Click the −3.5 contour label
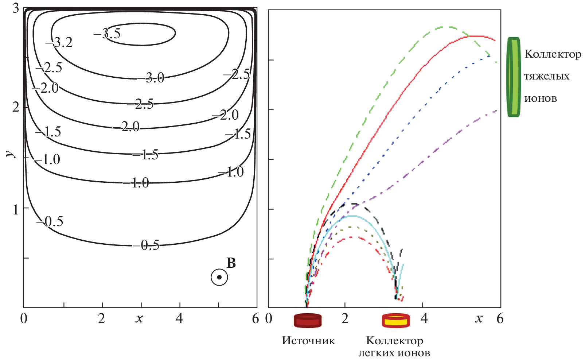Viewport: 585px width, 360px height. click(107, 34)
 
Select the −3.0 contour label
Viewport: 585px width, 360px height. click(151, 78)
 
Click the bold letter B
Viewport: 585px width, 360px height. click(231, 263)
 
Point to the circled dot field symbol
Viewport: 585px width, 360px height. click(219, 278)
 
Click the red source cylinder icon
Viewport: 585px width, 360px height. click(308, 320)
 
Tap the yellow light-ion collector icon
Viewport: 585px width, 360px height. click(396, 321)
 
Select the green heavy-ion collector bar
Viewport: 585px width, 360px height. click(514, 77)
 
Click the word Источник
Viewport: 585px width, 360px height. click(308, 341)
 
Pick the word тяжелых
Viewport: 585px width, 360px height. click(547, 77)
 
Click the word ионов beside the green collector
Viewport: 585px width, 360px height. click(541, 98)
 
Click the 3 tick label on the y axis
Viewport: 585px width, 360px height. click(16, 8)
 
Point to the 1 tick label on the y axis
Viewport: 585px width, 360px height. click(16, 209)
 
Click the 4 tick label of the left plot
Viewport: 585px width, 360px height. click(179, 319)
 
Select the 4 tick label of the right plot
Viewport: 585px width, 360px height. click(424, 319)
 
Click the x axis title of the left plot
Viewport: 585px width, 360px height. click(139, 319)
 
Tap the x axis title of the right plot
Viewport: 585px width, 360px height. click(479, 319)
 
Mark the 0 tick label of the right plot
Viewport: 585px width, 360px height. click(269, 319)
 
